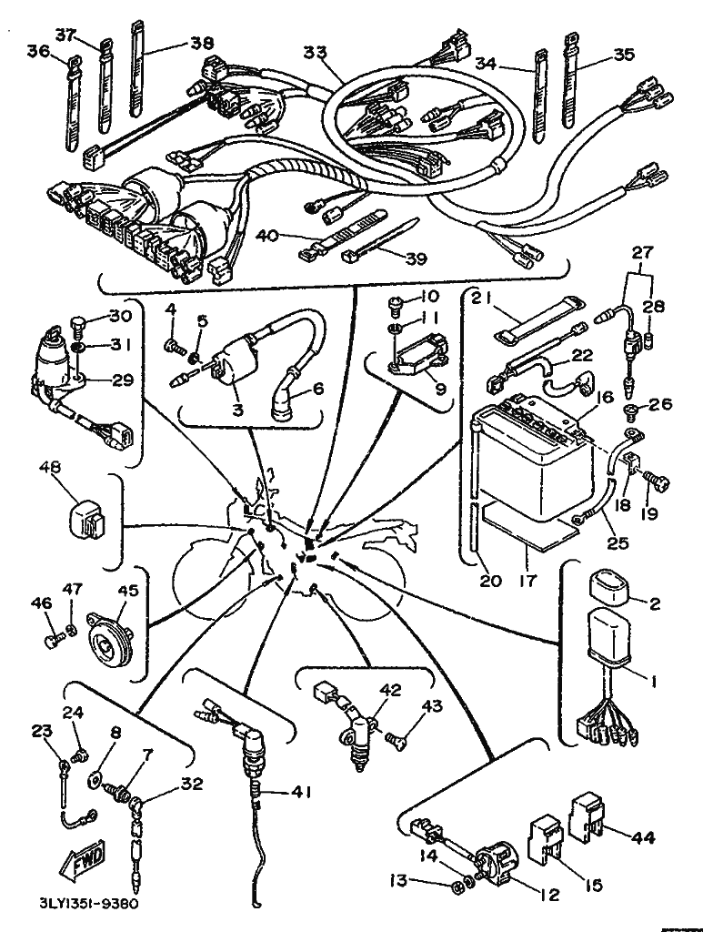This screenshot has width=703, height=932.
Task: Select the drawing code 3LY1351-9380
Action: (x=89, y=905)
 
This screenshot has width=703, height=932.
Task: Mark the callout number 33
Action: (x=315, y=55)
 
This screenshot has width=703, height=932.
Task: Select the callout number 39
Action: (x=416, y=259)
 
